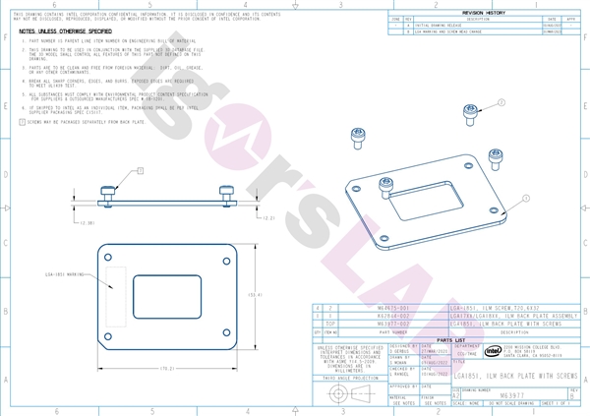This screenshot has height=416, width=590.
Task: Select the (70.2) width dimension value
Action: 167,368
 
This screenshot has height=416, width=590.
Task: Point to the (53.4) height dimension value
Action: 254,294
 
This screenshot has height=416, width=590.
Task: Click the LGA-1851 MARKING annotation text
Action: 69,276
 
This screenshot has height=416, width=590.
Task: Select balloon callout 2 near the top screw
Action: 501,102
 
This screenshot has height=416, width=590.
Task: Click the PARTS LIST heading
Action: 450,339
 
